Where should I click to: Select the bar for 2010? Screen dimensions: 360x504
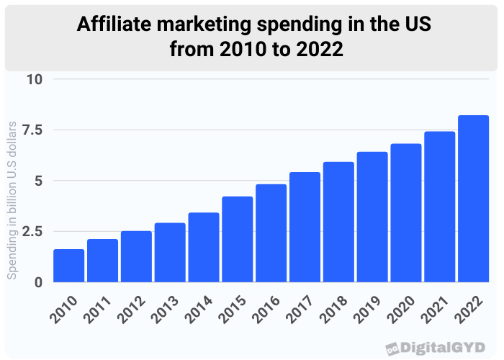[68, 266]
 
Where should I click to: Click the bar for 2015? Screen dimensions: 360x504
[237, 239]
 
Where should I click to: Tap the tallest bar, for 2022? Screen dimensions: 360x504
[473, 199]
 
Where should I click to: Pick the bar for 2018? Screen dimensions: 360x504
[338, 222]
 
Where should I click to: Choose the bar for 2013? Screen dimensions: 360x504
[169, 253]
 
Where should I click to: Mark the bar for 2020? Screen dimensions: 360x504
[405, 213]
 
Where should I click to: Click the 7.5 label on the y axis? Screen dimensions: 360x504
[32, 130]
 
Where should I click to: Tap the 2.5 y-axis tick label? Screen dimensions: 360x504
[32, 231]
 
